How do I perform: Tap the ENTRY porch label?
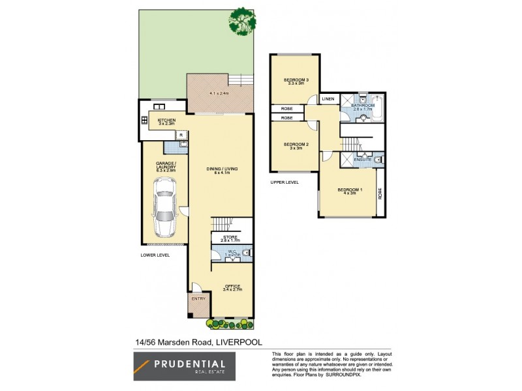[198, 299]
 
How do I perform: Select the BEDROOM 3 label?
[296, 81]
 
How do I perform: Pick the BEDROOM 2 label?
[295, 145]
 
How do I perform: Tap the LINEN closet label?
[328, 99]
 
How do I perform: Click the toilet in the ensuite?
[379, 159]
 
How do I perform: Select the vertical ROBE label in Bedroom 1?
[379, 194]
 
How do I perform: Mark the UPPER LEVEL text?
[284, 182]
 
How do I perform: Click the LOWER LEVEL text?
[155, 255]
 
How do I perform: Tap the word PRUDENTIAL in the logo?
[190, 365]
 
